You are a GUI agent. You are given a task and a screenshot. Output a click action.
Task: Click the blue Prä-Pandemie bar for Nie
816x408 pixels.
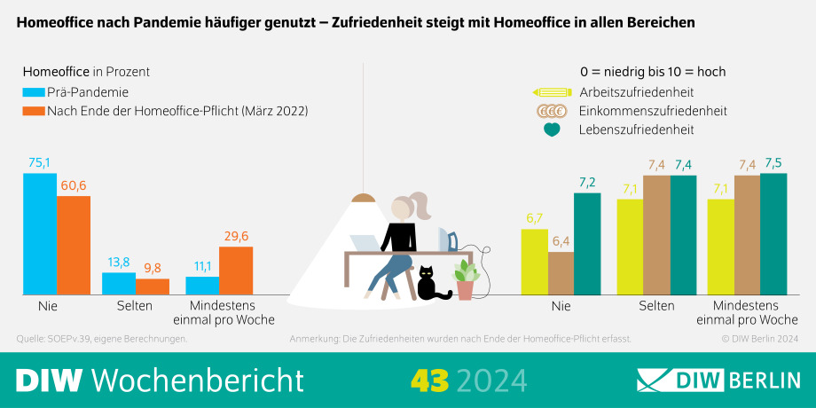pyautogui.click(x=40, y=233)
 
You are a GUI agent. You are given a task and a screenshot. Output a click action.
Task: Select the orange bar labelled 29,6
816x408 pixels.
pyautogui.click(x=236, y=270)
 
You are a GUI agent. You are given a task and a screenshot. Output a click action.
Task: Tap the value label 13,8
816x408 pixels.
pyautogui.click(x=119, y=263)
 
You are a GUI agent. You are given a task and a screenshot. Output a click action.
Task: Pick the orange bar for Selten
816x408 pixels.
pyautogui.click(x=153, y=286)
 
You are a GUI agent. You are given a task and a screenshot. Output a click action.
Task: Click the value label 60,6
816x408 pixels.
pyautogui.click(x=74, y=185)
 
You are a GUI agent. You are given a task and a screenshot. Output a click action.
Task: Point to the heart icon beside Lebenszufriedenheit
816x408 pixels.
pyautogui.click(x=552, y=129)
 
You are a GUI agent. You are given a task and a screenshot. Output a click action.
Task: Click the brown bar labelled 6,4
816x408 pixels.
pyautogui.click(x=561, y=272)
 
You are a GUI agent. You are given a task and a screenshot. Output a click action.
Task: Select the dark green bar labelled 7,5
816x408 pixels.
pyautogui.click(x=773, y=233)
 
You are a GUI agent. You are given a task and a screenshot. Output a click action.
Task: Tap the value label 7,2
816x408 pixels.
pyautogui.click(x=587, y=183)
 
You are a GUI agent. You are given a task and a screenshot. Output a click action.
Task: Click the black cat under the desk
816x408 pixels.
pyautogui.click(x=434, y=284)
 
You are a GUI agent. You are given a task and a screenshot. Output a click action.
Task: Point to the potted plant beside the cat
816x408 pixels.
pyautogui.click(x=465, y=279)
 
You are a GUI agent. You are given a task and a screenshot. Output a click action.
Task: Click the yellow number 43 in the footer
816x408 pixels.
pyautogui.click(x=429, y=380)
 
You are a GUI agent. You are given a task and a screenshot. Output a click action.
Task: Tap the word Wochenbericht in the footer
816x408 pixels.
pyautogui.click(x=198, y=380)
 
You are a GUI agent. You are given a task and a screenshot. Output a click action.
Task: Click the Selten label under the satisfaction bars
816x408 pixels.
pyautogui.click(x=657, y=306)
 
